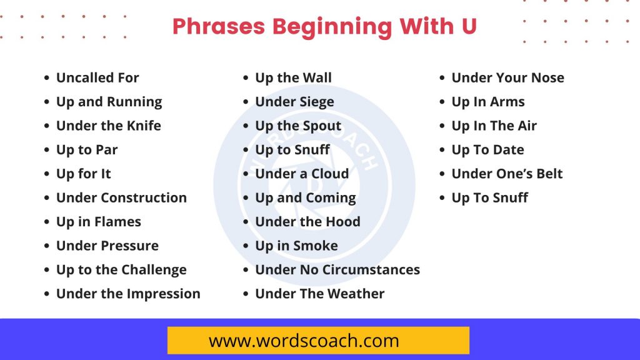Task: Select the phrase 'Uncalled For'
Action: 97,78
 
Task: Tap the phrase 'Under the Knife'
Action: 108,126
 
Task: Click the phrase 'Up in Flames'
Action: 98,222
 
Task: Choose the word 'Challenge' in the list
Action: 154,270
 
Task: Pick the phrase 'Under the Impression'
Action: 128,294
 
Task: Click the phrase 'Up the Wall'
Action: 293,78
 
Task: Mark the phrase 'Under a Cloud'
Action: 302,174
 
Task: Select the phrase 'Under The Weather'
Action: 319,294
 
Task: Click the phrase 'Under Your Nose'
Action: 507,78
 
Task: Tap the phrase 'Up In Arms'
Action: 488,102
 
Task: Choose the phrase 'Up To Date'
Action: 487,150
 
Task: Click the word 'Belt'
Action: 549,174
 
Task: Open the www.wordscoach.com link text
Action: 304,341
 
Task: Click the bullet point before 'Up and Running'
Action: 47,102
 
